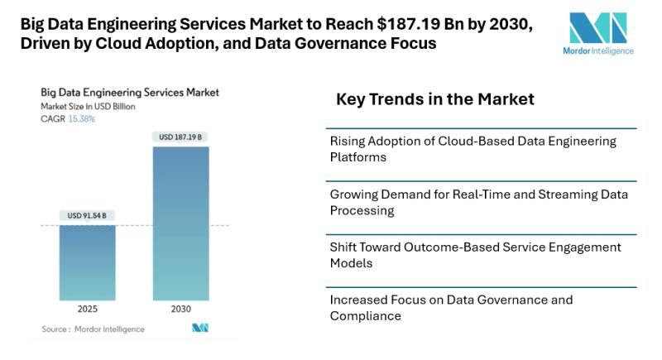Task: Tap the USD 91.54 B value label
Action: pyautogui.click(x=87, y=216)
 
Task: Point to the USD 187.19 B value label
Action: pyautogui.click(x=180, y=137)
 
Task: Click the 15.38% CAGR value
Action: pyautogui.click(x=81, y=119)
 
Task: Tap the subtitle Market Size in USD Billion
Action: pyautogui.click(x=88, y=107)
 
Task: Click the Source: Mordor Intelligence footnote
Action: pyautogui.click(x=93, y=329)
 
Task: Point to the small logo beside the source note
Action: pyautogui.click(x=199, y=329)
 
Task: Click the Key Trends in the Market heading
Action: pyautogui.click(x=434, y=99)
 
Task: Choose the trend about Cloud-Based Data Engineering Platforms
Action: pyautogui.click(x=473, y=148)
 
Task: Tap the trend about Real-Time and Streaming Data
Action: pyautogui.click(x=478, y=202)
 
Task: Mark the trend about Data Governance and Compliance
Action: pyautogui.click(x=451, y=307)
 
